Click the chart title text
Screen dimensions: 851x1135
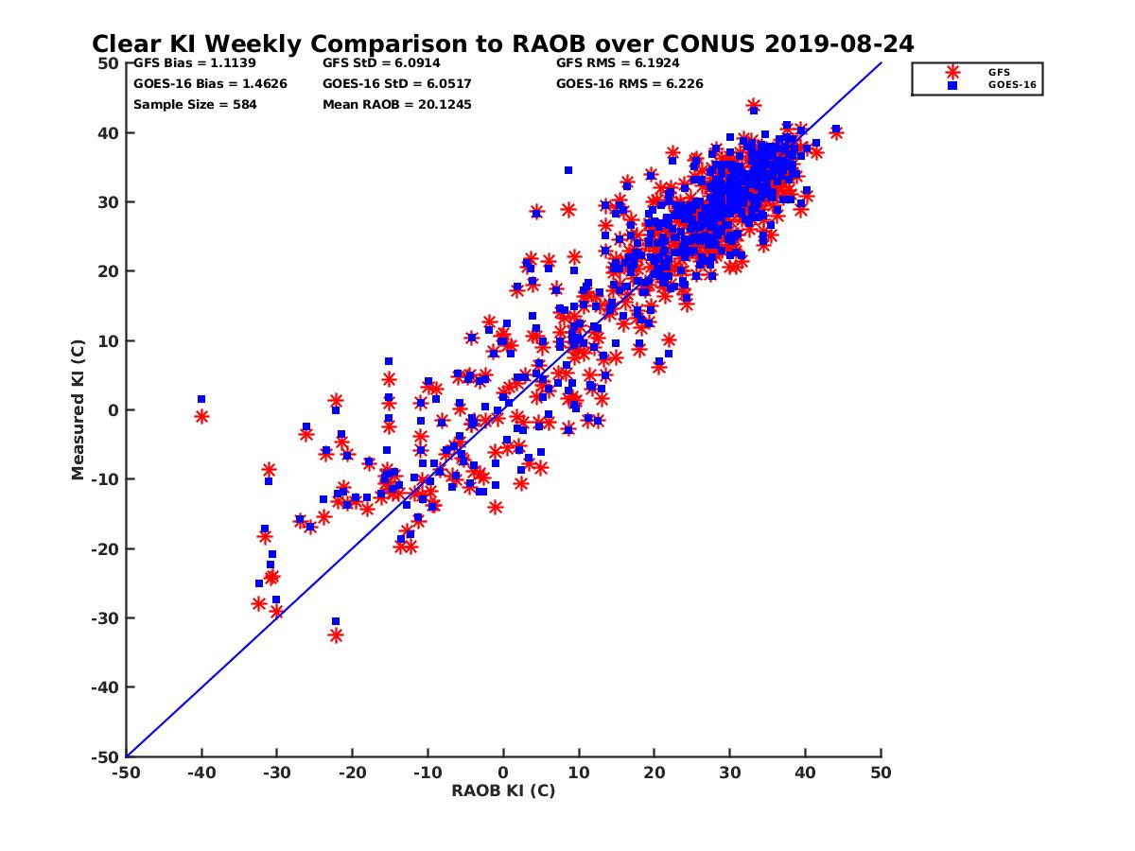[x=502, y=43]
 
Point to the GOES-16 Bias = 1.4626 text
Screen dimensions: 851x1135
[x=210, y=83]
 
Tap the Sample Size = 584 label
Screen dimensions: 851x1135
[x=195, y=104]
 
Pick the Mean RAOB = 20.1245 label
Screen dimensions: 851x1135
[x=397, y=104]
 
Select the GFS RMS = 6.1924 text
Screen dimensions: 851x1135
[x=618, y=63]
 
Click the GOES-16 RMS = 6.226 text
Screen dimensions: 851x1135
[x=630, y=83]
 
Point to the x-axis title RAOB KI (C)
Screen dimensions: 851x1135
[x=503, y=790]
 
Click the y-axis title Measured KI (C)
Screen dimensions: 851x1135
[x=78, y=410]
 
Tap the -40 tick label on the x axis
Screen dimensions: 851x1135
[x=201, y=773]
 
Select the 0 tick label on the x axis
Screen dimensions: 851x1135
[x=503, y=773]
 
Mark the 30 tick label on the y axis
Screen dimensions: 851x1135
[x=110, y=202]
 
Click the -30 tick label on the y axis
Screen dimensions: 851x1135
[x=106, y=618]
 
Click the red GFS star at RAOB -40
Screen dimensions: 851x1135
[x=201, y=416]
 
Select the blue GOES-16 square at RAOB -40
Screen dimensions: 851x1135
[x=201, y=399]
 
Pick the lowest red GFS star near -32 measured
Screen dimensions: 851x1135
[x=336, y=635]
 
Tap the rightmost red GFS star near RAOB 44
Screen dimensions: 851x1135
[x=836, y=133]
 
